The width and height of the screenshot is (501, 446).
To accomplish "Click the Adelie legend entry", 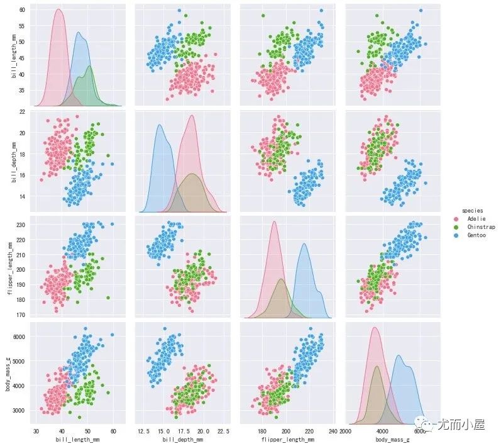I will point(475,218).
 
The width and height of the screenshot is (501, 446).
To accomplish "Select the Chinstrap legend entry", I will point(478,226).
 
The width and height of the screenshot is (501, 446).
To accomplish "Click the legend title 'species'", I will point(472,209).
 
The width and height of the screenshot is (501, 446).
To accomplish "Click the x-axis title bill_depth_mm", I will point(182,438).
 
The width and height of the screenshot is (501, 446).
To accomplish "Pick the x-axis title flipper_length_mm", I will point(286,438).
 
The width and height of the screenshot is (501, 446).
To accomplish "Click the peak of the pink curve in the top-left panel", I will point(58,9).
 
